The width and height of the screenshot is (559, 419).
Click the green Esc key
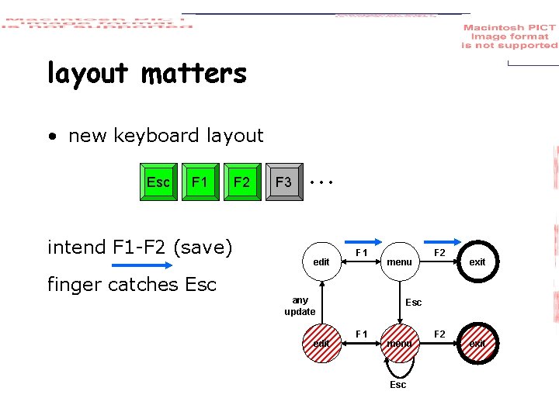click(x=158, y=182)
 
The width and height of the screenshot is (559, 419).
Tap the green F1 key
click(x=200, y=182)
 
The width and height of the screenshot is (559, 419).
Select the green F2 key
click(x=242, y=182)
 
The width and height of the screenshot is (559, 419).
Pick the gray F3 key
click(x=284, y=182)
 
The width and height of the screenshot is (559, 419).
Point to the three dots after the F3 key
click(x=320, y=183)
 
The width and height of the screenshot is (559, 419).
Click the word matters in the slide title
click(x=194, y=74)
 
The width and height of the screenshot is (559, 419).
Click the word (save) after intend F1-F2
click(x=203, y=248)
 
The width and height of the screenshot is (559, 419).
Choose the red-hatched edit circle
click(x=321, y=343)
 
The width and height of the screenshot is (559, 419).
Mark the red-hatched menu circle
click(x=399, y=343)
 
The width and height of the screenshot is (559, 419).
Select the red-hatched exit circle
click(x=477, y=343)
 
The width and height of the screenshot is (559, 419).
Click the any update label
click(x=300, y=306)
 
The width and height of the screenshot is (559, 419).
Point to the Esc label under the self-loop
click(x=398, y=385)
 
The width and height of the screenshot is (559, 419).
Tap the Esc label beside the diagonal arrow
click(x=414, y=303)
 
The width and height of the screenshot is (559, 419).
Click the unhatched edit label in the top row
click(x=321, y=262)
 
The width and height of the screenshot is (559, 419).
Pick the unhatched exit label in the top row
click(x=477, y=262)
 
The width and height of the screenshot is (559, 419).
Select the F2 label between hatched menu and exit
click(x=439, y=334)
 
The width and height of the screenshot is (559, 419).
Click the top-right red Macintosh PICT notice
click(x=509, y=36)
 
